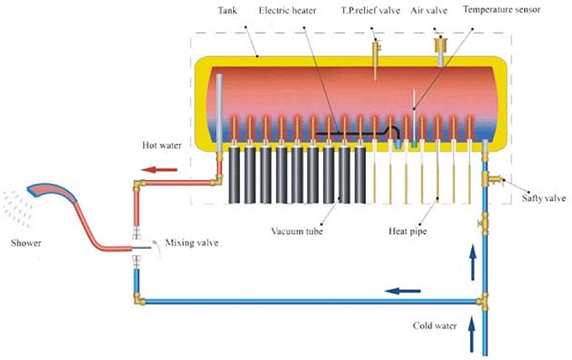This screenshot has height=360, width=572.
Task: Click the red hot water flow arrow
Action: point(154,170)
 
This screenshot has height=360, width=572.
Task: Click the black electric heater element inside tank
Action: point(353,133)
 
